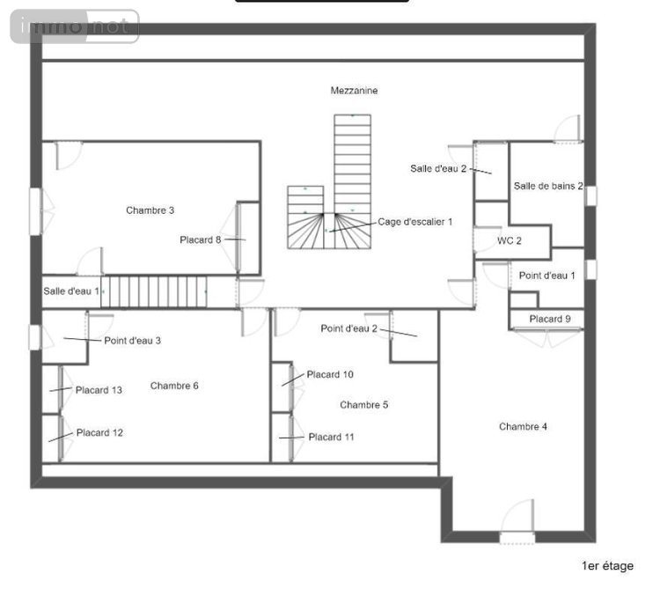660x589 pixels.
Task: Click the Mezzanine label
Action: pyautogui.click(x=355, y=91)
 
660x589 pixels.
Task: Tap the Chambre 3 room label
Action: pyautogui.click(x=150, y=210)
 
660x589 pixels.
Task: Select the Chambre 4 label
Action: pyautogui.click(x=523, y=427)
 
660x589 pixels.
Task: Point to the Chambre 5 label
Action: pyautogui.click(x=363, y=405)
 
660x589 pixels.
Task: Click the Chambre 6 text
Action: pyautogui.click(x=174, y=386)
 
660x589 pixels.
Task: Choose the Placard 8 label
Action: pyautogui.click(x=200, y=239)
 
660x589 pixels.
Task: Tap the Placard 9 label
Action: pyautogui.click(x=550, y=319)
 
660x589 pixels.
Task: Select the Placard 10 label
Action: pyautogui.click(x=330, y=375)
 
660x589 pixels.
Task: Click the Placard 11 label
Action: pyautogui.click(x=332, y=437)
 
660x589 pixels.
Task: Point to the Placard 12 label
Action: pyautogui.click(x=99, y=433)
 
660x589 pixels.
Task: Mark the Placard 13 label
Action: pyautogui.click(x=99, y=390)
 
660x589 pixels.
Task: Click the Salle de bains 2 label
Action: pyautogui.click(x=548, y=186)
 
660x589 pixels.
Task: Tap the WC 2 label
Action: pyautogui.click(x=510, y=240)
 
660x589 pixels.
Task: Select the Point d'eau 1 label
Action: pyautogui.click(x=546, y=276)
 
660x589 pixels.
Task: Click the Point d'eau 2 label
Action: pyautogui.click(x=348, y=328)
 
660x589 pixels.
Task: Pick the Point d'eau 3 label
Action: pyautogui.click(x=132, y=341)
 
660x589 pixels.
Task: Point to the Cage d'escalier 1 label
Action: pyautogui.click(x=415, y=222)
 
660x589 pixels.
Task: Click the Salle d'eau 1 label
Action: pyautogui.click(x=71, y=291)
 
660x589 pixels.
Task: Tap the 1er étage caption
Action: pyautogui.click(x=607, y=566)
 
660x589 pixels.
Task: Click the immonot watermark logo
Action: pyautogui.click(x=75, y=26)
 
